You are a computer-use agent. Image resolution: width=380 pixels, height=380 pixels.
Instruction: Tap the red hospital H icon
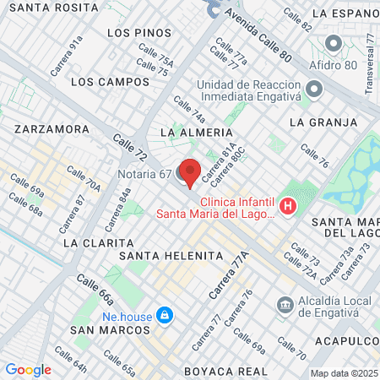pyautogui.click(x=289, y=206)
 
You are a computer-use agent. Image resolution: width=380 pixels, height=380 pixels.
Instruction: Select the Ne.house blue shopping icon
pyautogui.click(x=165, y=315)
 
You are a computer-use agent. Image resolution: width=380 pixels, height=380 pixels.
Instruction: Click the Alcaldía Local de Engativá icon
pyautogui.click(x=285, y=303)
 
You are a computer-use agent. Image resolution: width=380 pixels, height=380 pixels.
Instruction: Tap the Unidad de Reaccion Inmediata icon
pyautogui.click(x=314, y=89)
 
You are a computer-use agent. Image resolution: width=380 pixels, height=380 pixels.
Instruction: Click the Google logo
pyautogui.click(x=28, y=369)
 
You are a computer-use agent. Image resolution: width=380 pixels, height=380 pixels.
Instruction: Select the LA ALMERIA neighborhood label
pyautogui.click(x=195, y=133)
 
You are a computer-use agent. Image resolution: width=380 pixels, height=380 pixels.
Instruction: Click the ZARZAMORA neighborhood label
pyautogui.click(x=52, y=129)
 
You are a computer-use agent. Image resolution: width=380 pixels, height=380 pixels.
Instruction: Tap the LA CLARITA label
pyautogui.click(x=94, y=242)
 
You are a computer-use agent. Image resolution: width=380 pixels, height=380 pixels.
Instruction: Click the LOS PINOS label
pyautogui.click(x=140, y=32)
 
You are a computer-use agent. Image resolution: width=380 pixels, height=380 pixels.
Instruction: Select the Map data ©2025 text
pyautogui.click(x=344, y=373)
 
